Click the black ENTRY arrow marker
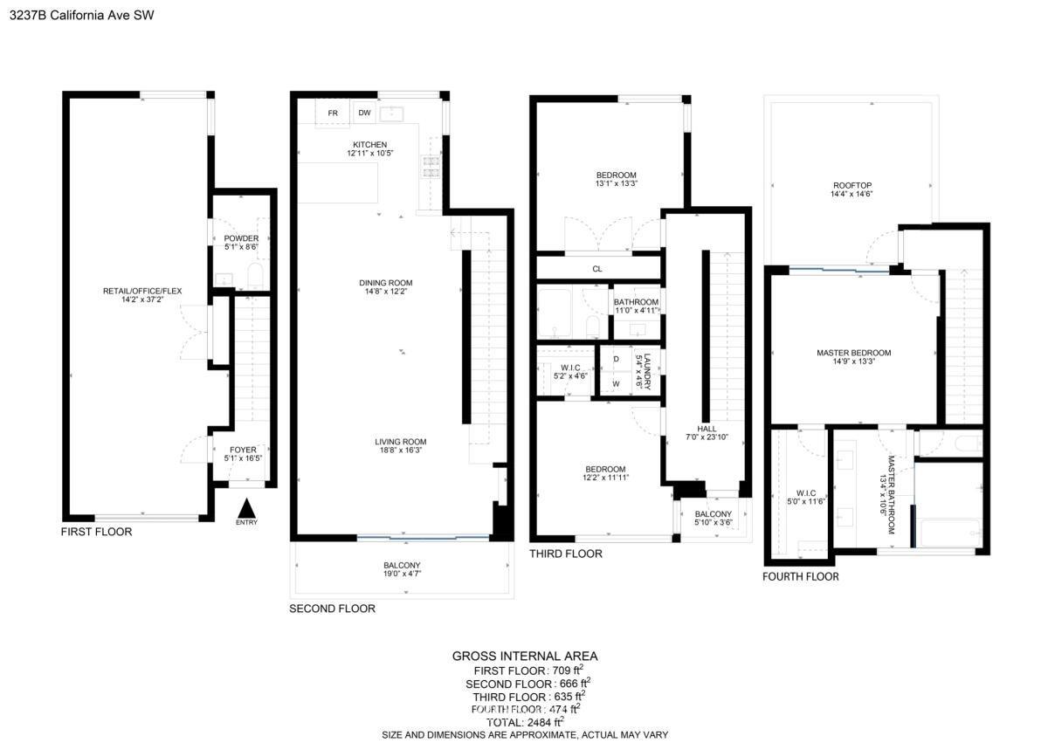246,508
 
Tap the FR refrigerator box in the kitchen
333,114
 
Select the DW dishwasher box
364,113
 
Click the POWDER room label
241,238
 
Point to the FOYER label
243,450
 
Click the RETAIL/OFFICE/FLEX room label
142,291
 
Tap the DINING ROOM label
386,283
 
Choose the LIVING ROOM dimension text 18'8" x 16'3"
401,451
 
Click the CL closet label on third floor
597,269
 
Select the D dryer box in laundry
617,359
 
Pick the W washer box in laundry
617,384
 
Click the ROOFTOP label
852,186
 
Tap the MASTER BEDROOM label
854,353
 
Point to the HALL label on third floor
707,429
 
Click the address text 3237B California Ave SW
81,16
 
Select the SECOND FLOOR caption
332,609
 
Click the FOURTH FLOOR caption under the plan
801,577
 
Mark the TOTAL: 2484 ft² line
525,722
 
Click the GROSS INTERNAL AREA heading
525,656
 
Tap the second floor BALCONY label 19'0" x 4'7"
402,569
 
